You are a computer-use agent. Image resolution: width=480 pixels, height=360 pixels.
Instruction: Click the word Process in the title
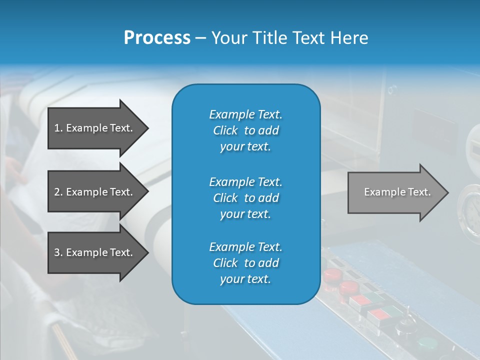[157, 38]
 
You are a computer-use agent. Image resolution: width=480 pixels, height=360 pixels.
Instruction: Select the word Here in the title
[349, 38]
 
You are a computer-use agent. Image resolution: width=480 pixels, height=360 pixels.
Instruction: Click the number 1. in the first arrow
[58, 128]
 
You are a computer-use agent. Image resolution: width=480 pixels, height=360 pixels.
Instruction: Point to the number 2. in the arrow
[58, 192]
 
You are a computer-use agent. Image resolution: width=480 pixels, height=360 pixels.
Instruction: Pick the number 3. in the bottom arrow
[58, 252]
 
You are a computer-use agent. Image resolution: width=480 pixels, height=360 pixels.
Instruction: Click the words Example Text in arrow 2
[99, 192]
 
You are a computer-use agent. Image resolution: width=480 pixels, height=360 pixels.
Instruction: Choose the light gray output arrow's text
[397, 192]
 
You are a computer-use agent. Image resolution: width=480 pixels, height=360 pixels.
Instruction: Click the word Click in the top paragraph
[225, 130]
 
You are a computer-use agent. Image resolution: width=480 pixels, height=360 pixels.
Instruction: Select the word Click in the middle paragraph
[225, 198]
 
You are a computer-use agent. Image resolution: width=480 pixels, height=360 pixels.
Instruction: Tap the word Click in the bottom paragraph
[225, 263]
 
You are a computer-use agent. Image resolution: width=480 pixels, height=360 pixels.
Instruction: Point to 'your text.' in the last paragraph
[245, 279]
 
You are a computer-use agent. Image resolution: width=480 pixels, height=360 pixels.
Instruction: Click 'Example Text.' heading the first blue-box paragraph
[245, 114]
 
